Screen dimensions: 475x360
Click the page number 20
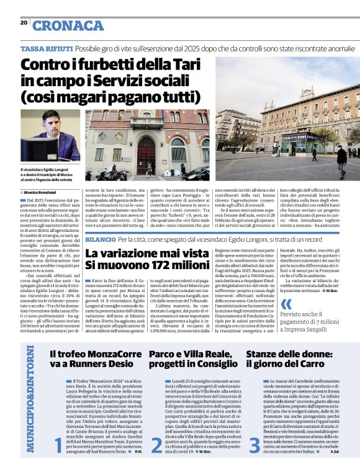[x=24, y=23]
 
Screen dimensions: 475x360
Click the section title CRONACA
[x=68, y=25]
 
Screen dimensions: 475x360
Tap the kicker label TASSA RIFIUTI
[x=47, y=48]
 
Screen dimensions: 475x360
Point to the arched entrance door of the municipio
[x=147, y=158]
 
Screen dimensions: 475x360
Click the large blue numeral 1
[x=58, y=461]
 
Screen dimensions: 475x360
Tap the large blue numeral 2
[x=155, y=461]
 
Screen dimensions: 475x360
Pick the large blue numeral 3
[x=254, y=461]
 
